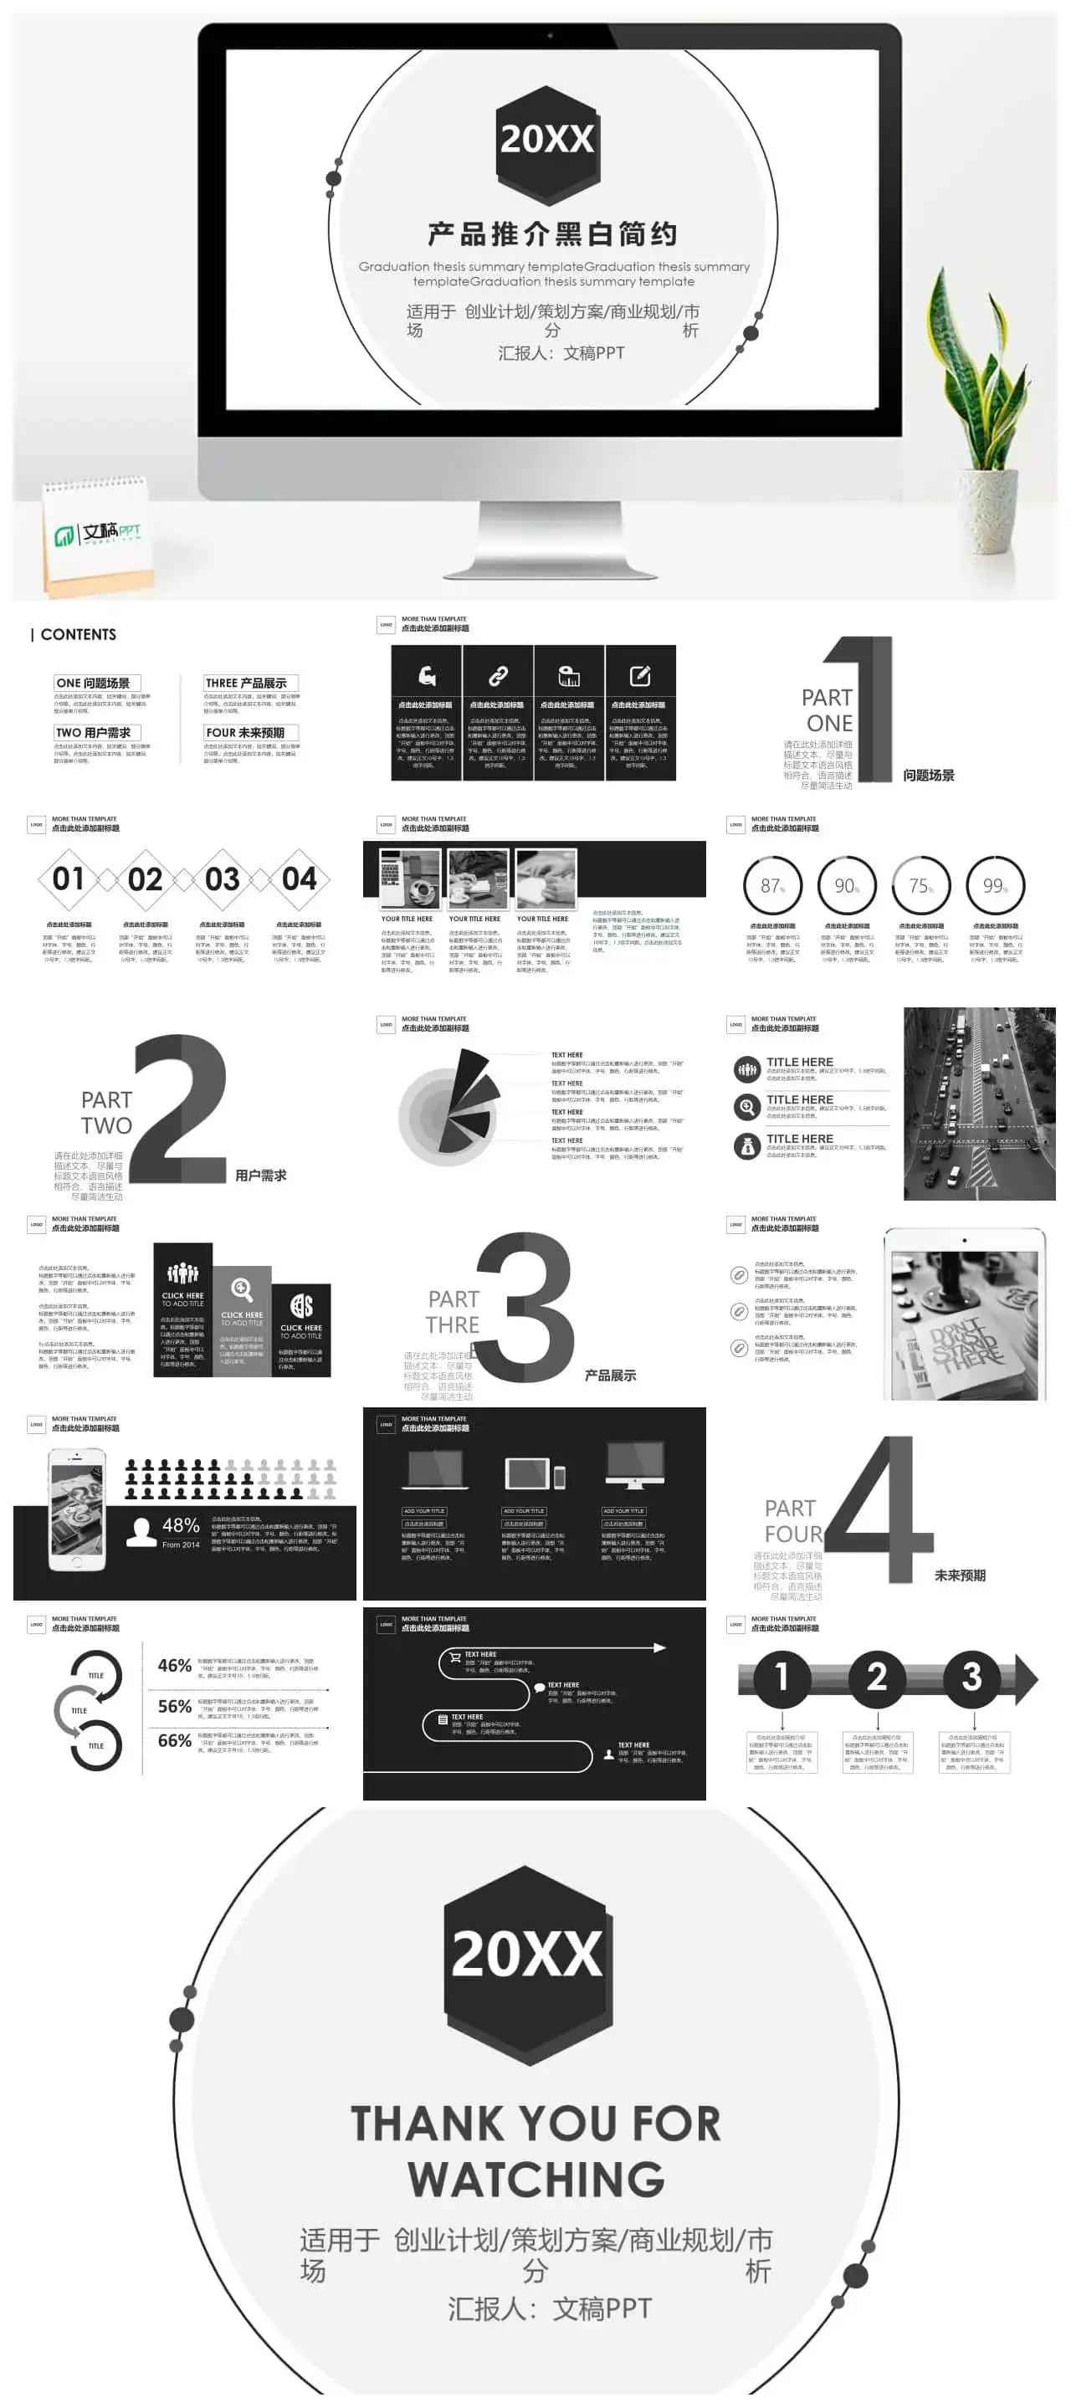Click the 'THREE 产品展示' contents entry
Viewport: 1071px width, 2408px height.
(x=250, y=684)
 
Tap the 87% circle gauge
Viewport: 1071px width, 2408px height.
(x=772, y=885)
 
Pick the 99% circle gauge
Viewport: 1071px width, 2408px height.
(x=996, y=885)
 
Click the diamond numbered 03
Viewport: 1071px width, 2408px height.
(x=223, y=879)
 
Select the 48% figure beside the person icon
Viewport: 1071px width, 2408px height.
(x=181, y=1525)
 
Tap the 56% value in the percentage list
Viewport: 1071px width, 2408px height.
(x=175, y=1706)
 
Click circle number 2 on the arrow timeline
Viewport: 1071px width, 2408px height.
(x=877, y=1676)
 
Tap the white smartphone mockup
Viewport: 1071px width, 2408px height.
(x=77, y=1509)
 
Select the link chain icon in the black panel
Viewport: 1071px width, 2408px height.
(x=498, y=676)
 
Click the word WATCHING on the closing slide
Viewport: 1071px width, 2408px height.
(x=535, y=2179)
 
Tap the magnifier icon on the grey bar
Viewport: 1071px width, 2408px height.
(x=242, y=1289)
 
